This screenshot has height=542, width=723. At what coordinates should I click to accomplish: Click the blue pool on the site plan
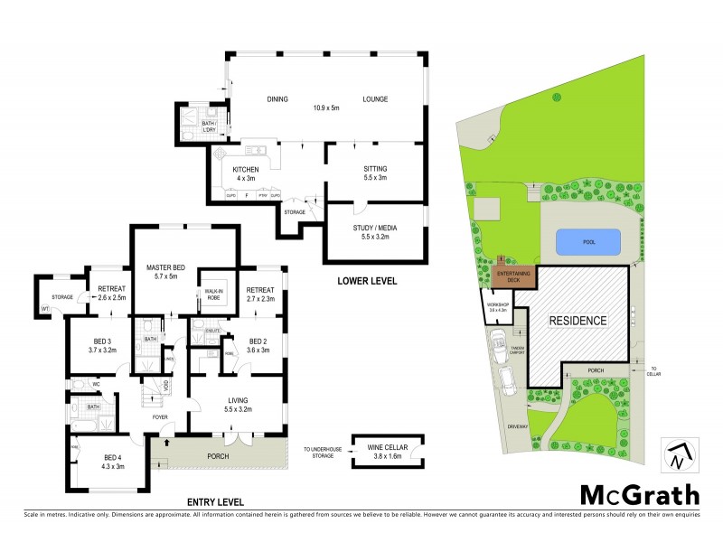(588, 242)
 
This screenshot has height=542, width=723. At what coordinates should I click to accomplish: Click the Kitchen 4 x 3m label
(246, 173)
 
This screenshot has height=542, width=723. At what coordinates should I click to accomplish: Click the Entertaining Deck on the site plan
(512, 276)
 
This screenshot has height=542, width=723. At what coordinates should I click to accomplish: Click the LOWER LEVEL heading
(366, 281)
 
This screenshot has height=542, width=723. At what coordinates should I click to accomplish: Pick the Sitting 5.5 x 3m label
(374, 173)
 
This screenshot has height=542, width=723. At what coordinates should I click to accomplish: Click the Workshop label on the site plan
(499, 306)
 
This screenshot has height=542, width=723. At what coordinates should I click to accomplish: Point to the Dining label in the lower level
(277, 99)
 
